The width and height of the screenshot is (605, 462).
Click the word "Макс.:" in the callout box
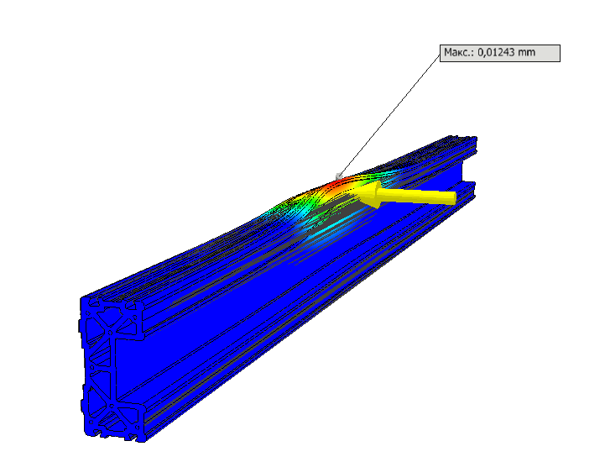click(459, 52)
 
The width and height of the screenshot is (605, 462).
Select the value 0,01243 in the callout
click(496, 52)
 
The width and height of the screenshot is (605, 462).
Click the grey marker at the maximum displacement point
click(339, 176)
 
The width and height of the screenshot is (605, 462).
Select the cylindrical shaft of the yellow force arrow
click(417, 196)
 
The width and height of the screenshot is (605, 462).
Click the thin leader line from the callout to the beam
click(389, 115)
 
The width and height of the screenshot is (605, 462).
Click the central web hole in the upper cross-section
click(111, 333)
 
